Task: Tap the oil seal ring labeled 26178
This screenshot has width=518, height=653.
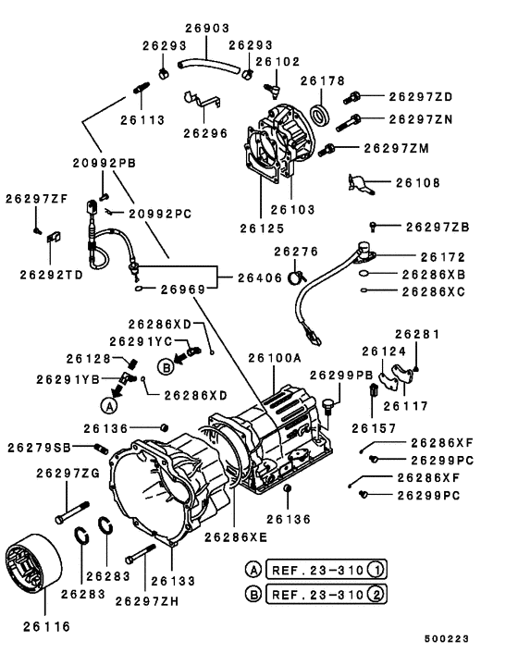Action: pyautogui.click(x=318, y=115)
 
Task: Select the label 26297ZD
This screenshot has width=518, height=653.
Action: pyautogui.click(x=420, y=96)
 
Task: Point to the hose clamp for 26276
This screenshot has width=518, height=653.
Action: pyautogui.click(x=295, y=274)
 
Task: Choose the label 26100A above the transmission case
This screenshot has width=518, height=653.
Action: pyautogui.click(x=274, y=357)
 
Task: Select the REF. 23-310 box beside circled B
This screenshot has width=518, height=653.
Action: pyautogui.click(x=324, y=593)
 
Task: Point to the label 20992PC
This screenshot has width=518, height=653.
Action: pyautogui.click(x=159, y=214)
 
